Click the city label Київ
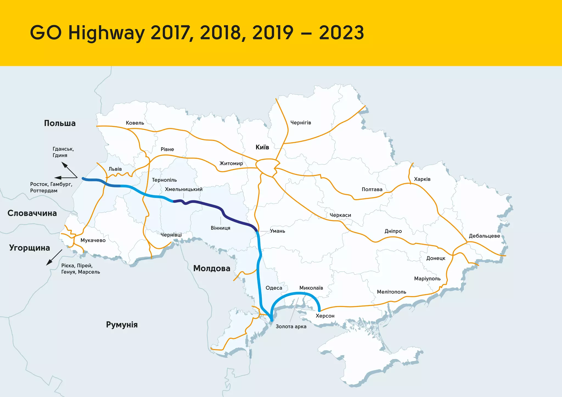pos(262,147)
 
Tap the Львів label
pos(115,169)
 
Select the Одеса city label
pos(274,288)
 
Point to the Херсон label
pos(325,316)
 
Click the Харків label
pos(422,179)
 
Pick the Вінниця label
pos(220,228)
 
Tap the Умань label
pos(277,231)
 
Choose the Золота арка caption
pos(291,327)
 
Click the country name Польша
pos(60,123)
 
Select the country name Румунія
pos(122,325)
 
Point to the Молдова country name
pos(212,268)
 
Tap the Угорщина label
pos(30,248)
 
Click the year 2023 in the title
pos(341,33)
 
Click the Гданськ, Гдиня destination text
pos(63,152)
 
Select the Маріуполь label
pos(427,279)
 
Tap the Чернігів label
pos(301,123)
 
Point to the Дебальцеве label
pos(484,236)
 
